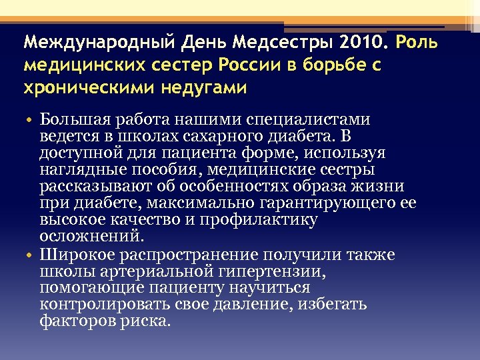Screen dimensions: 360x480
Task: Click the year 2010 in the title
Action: (x=362, y=43)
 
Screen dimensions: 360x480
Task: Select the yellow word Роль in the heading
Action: (x=417, y=43)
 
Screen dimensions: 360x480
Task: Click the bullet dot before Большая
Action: (x=31, y=120)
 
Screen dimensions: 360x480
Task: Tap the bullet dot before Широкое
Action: (x=31, y=255)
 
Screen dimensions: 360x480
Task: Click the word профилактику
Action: (x=267, y=221)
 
